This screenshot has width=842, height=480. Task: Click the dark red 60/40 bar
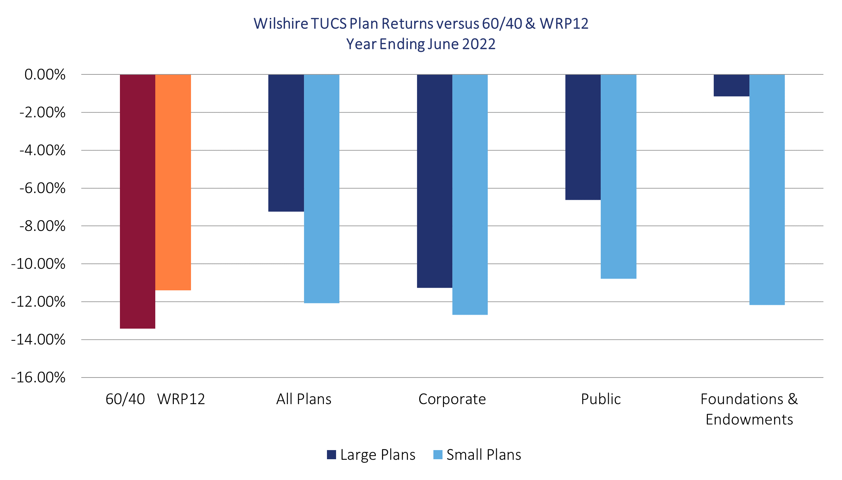coord(137,201)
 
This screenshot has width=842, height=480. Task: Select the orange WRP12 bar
coord(173,182)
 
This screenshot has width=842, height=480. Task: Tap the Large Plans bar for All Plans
coord(286,143)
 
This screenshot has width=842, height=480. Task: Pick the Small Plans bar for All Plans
coord(321,189)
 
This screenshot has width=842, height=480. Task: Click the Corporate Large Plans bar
coord(434,181)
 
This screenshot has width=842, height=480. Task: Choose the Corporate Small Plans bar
coord(470,194)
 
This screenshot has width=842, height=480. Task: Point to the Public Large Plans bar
coord(583,137)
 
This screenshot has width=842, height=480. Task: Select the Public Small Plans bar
coord(619,177)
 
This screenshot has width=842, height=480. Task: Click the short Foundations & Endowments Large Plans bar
coord(731,85)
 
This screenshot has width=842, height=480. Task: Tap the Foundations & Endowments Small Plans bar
coord(767,190)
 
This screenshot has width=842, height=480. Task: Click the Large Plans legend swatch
coord(331,455)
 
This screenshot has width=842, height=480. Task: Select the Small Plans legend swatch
coord(438,455)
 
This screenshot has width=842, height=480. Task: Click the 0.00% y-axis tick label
coord(45,75)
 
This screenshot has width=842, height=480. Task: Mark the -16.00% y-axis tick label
coord(38,377)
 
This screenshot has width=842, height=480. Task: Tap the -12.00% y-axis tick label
coord(38,302)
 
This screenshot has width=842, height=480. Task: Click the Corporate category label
coord(452,399)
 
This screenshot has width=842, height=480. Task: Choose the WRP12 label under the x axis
coord(181,399)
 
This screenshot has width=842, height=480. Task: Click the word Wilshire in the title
coord(281,24)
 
